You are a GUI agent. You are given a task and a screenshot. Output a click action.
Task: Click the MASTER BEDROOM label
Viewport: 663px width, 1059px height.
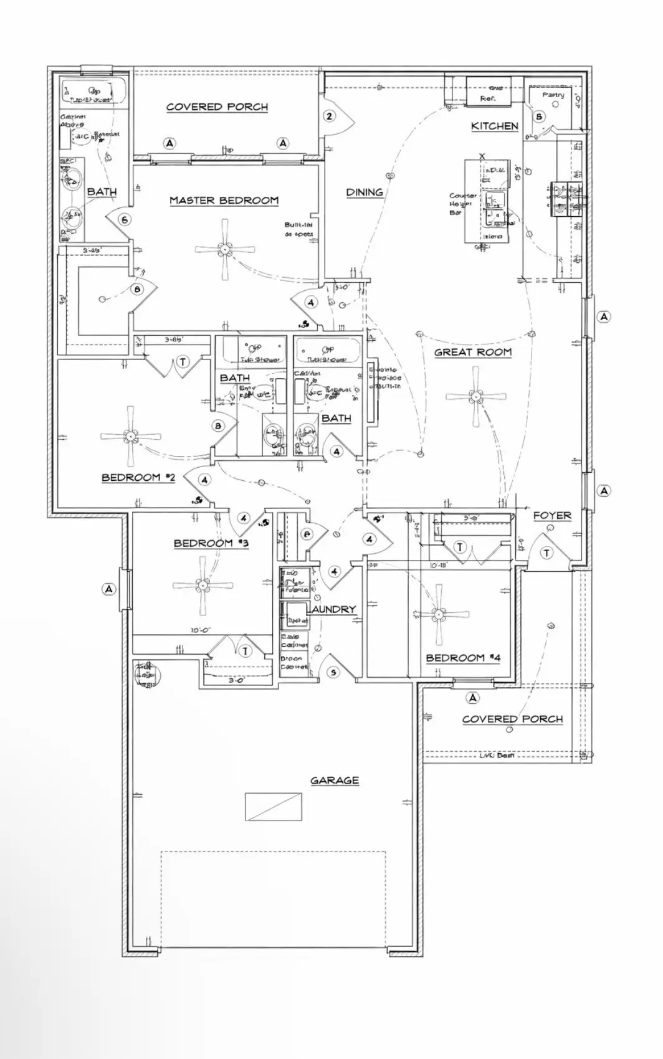coord(224,201)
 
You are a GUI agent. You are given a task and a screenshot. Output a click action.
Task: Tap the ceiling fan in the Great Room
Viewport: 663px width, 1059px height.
coord(476,396)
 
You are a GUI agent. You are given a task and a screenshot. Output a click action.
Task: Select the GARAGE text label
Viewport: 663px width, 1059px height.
coord(335,780)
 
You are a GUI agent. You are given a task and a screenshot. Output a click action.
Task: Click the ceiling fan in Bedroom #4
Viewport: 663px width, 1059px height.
coord(440,614)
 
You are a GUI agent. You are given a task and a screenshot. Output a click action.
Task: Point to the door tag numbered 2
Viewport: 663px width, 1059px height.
coord(330,116)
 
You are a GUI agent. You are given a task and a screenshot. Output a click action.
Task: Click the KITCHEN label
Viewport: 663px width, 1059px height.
coord(494,126)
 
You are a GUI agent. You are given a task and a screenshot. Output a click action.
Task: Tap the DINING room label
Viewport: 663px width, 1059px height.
coord(365,192)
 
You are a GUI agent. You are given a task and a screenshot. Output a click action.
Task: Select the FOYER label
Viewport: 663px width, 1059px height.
coord(552,516)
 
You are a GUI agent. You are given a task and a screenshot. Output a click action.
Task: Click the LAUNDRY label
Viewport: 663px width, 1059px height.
coord(334,609)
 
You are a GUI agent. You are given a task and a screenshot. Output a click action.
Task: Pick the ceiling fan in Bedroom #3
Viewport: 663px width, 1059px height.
coord(203,585)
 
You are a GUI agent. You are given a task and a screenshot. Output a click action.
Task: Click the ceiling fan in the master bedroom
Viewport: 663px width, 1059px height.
coord(224,249)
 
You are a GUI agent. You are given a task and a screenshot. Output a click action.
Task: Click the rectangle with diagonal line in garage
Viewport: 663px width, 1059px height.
coord(274,807)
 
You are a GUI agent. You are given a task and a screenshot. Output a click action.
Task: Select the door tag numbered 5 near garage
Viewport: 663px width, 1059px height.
coord(333,672)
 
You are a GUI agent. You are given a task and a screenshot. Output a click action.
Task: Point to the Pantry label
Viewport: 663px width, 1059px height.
coord(553,95)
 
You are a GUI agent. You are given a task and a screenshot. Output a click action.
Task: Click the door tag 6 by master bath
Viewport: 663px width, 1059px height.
coord(125,219)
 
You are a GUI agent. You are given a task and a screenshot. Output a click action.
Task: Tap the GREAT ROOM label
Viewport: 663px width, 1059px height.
coord(473,353)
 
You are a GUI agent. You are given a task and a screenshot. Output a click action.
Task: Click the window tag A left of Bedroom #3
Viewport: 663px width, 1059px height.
coord(109,589)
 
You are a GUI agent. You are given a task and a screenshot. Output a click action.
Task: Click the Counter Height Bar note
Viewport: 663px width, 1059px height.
coord(462,204)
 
